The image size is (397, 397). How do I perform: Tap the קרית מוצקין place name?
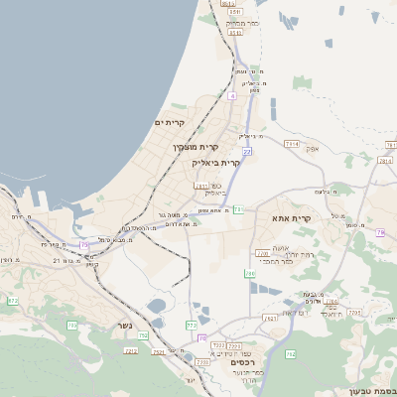click(195, 147)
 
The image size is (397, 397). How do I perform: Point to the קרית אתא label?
click(291, 217)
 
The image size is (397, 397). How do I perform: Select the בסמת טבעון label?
click(374, 390)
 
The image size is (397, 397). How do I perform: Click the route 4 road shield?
click(231, 95)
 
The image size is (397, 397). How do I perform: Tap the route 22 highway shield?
click(247, 151)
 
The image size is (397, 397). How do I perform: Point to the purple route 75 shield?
click(84, 244)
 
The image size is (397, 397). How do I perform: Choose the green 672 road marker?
click(13, 300)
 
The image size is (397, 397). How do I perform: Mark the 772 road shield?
click(192, 326)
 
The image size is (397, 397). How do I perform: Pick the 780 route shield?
click(250, 274)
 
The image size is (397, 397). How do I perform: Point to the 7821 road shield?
click(270, 319)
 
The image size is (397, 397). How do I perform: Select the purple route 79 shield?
click(380, 232)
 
